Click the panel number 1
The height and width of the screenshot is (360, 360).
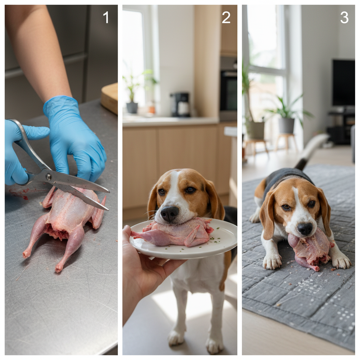(x=106, y=17)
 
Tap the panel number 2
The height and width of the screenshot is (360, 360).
(x=226, y=17)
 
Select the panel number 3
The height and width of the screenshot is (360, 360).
(x=344, y=17)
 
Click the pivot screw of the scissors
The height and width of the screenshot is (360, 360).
(x=48, y=176)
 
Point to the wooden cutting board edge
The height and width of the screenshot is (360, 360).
(x=110, y=99)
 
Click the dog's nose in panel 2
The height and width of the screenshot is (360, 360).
(x=169, y=213)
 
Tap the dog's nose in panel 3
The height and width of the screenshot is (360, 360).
(x=305, y=229)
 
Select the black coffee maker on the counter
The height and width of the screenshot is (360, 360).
(x=180, y=104)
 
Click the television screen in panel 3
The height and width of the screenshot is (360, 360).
(x=344, y=83)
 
